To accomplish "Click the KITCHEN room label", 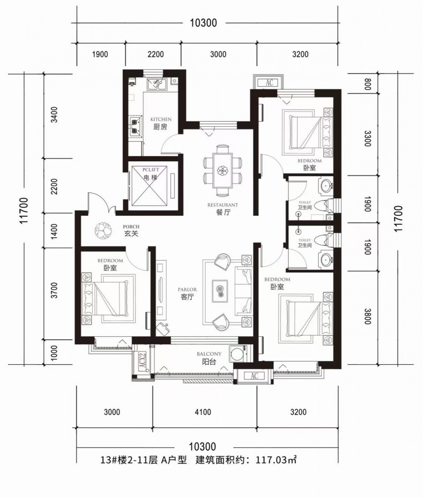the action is (161, 119).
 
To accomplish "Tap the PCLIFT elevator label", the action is (151, 170).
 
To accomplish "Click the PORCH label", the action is (131, 227).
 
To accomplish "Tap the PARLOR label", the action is (187, 289).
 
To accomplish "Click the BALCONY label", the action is (209, 354).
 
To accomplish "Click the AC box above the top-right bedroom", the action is (269, 82).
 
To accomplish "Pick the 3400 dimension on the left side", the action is (54, 115).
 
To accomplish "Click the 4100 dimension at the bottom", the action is (203, 412).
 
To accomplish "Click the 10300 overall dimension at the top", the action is (203, 23).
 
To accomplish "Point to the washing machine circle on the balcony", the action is (236, 354).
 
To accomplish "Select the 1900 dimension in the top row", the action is (100, 54).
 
